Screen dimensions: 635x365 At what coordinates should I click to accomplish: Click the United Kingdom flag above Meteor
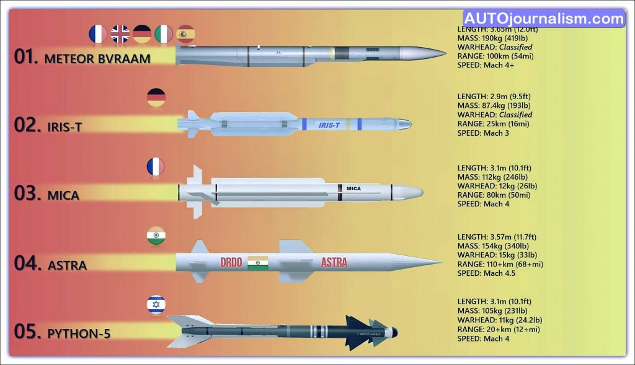click(120, 34)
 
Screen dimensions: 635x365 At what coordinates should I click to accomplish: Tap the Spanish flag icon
click(186, 34)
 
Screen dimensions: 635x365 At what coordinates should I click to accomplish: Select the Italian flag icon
click(164, 34)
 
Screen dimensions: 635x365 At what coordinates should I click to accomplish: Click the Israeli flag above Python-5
click(156, 305)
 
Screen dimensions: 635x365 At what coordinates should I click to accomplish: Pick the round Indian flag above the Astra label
click(156, 236)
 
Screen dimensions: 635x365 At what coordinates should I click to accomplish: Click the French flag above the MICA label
click(156, 167)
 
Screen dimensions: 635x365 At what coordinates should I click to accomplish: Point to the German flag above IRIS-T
click(156, 97)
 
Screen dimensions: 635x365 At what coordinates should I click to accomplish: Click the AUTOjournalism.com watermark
click(544, 19)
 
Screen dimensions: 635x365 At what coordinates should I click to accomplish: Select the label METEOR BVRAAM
click(97, 59)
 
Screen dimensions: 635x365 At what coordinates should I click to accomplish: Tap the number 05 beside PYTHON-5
click(27, 332)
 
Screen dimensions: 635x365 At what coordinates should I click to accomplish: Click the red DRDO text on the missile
click(231, 262)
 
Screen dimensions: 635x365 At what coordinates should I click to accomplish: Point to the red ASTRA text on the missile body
click(334, 262)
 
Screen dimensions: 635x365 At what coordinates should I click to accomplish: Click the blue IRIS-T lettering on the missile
click(329, 125)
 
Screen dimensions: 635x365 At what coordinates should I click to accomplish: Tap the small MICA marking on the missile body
click(353, 188)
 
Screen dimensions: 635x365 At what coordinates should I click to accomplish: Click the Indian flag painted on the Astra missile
click(257, 263)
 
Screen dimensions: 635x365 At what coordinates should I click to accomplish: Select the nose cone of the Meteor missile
click(424, 53)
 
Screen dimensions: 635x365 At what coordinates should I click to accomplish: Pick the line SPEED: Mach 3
click(483, 133)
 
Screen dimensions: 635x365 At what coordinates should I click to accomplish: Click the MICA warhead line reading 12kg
click(497, 186)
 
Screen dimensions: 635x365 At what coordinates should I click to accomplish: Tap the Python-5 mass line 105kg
click(492, 310)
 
